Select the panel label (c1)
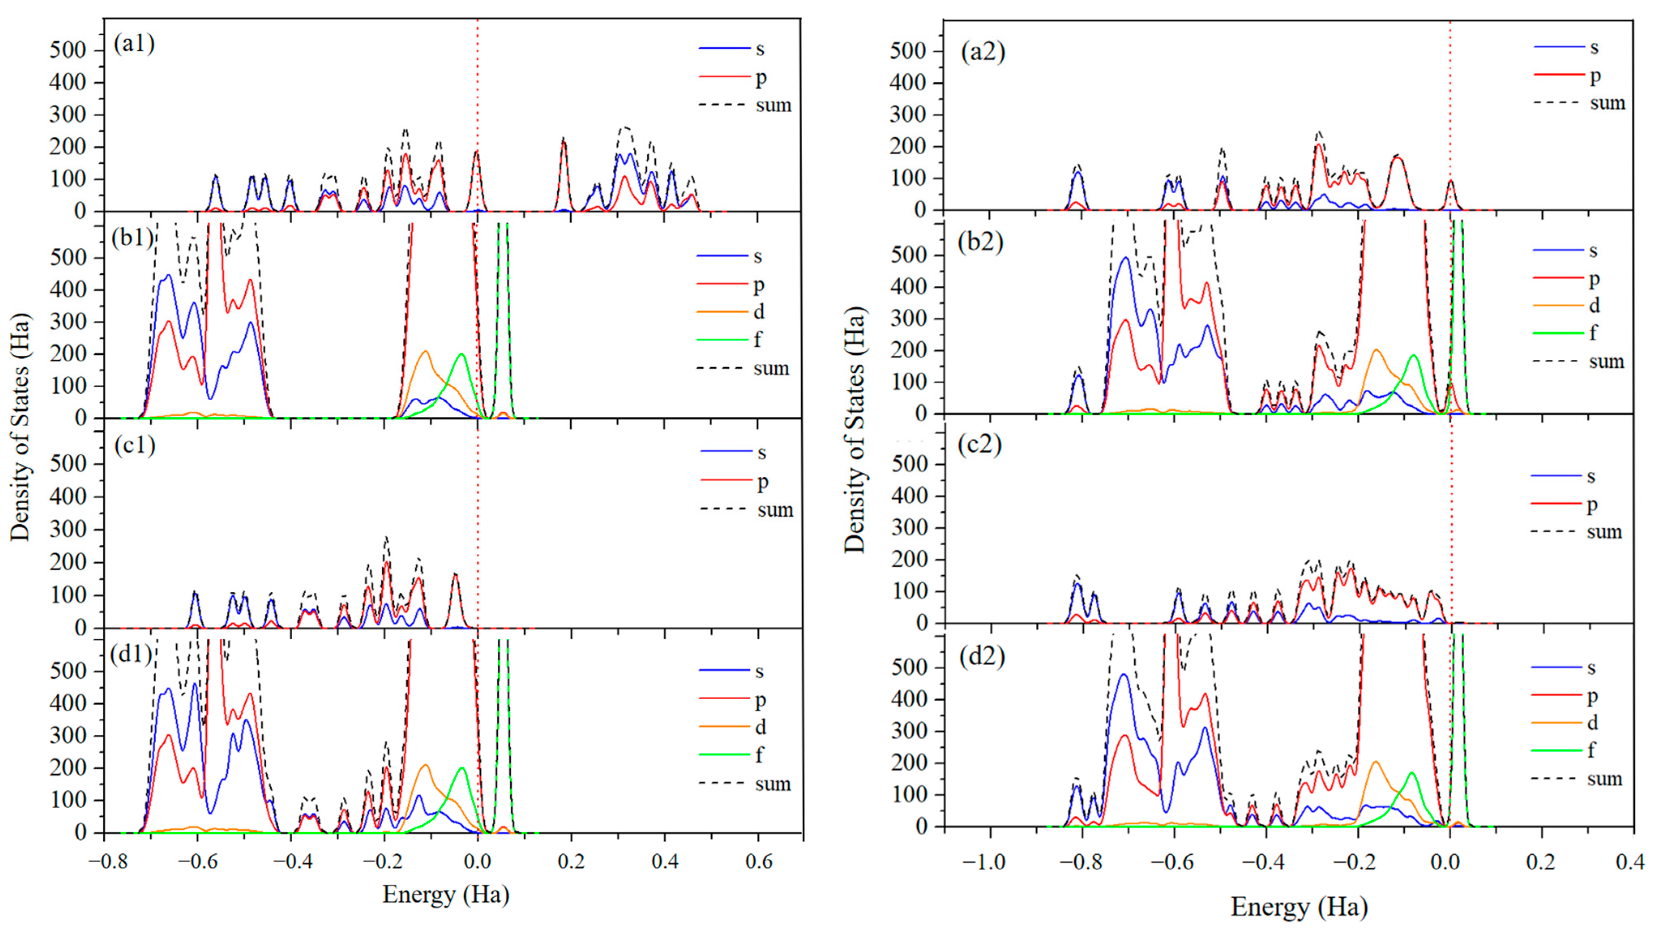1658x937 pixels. [x=134, y=445]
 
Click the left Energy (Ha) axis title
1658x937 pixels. [x=445, y=894]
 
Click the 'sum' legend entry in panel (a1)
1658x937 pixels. [x=773, y=105]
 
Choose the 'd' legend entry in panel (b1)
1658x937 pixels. [x=759, y=312]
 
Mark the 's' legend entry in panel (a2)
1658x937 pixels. [x=1594, y=47]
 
